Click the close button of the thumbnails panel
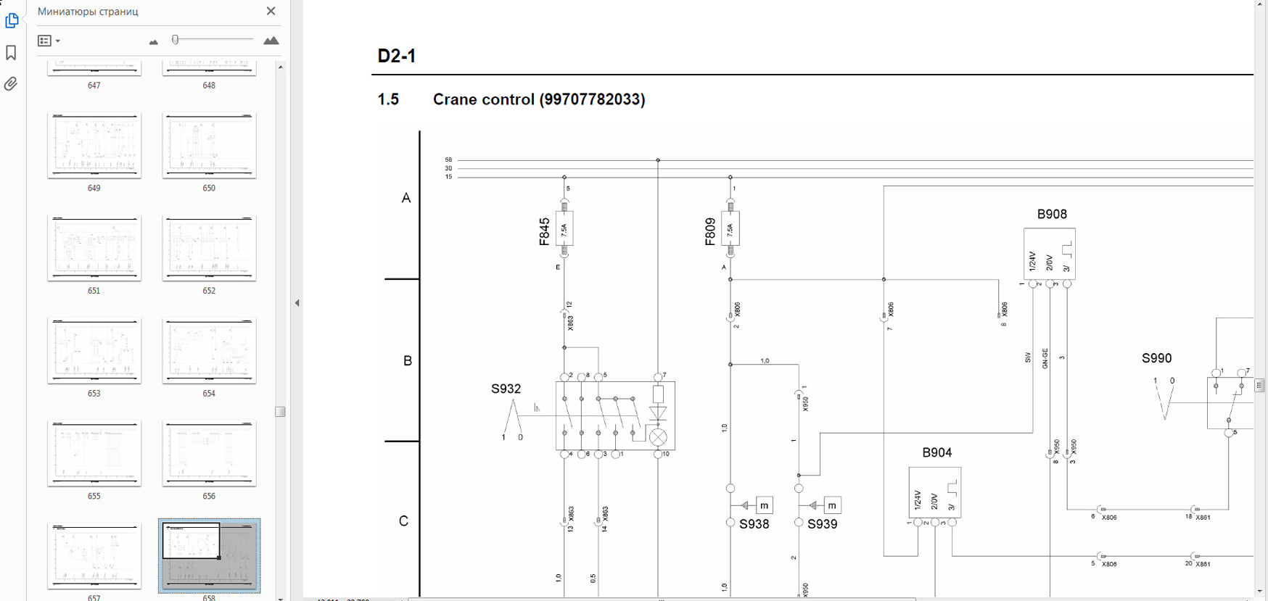tap(271, 11)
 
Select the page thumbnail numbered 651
tap(94, 248)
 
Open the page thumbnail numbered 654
tap(209, 351)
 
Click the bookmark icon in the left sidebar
tap(11, 52)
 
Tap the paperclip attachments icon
tap(11, 84)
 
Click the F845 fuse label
tap(544, 231)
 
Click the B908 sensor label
tap(1051, 214)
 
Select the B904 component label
tap(936, 452)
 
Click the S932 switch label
tap(506, 389)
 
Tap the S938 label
tap(754, 524)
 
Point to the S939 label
tap(822, 524)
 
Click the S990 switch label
tap(1156, 358)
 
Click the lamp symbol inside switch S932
tap(658, 437)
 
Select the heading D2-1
tap(396, 56)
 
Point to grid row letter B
tap(407, 360)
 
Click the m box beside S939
tap(832, 505)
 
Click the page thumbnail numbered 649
tap(94, 145)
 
